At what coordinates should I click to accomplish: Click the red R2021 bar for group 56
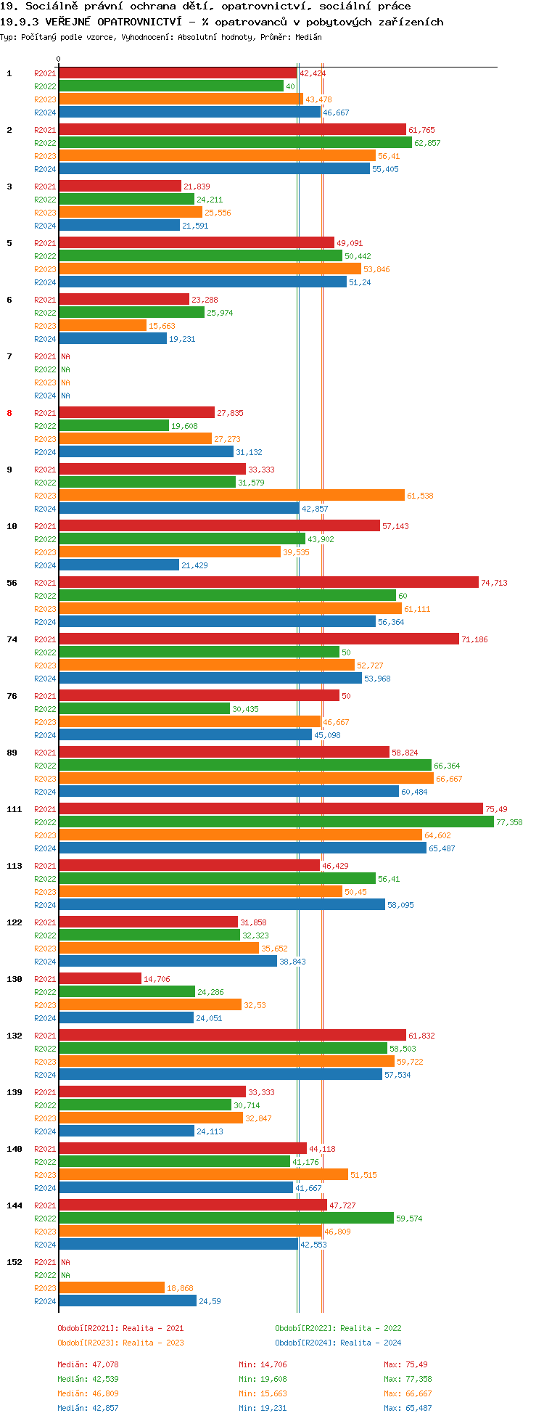(268, 583)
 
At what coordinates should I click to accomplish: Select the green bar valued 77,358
(276, 822)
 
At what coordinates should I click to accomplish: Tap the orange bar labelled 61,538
(231, 496)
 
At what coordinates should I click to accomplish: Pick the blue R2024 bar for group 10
(119, 565)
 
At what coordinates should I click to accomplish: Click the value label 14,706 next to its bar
(157, 979)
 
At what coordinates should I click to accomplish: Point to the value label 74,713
(494, 583)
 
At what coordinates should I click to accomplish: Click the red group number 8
(9, 413)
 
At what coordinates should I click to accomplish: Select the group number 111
(15, 809)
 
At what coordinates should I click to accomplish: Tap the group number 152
(15, 1262)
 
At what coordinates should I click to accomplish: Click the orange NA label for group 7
(65, 382)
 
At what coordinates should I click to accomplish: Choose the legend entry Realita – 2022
(338, 1328)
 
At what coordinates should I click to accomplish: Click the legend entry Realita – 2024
(338, 1343)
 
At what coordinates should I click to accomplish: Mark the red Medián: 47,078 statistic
(88, 1364)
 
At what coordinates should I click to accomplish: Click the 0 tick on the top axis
(59, 60)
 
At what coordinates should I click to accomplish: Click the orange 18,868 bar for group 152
(112, 1288)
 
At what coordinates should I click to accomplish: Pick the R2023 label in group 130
(45, 1005)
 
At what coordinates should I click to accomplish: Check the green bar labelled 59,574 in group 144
(226, 1219)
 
